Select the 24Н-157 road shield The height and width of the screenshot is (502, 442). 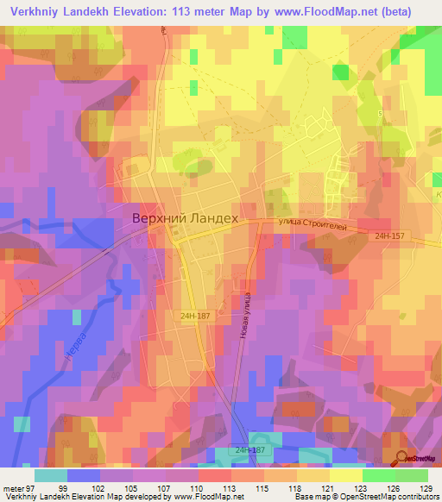pyautogui.click(x=389, y=235)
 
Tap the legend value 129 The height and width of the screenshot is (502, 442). pyautogui.click(x=426, y=488)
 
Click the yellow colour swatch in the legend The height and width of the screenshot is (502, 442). pyautogui.click(x=345, y=475)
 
